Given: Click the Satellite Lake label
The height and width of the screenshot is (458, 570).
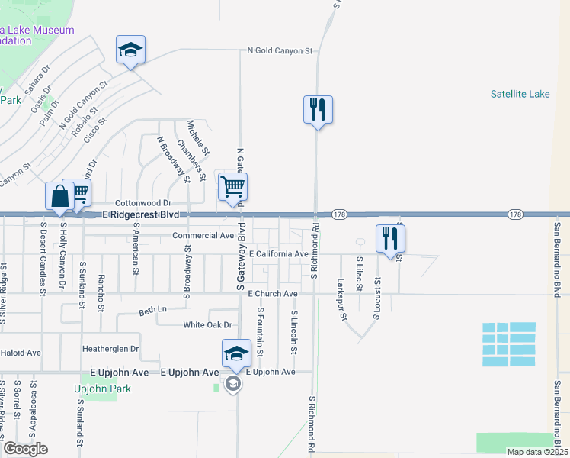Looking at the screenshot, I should point(520,95).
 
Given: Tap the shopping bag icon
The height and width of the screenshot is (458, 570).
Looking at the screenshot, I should point(59,198).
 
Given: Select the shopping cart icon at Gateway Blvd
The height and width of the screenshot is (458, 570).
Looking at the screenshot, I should point(232,188).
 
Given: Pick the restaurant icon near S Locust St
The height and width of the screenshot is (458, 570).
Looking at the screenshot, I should point(390,238).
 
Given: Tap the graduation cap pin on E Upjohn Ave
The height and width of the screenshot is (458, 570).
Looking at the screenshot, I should point(236,354).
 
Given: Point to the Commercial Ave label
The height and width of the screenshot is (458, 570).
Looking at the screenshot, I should point(203,236).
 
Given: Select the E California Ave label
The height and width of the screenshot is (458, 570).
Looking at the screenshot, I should point(278,253).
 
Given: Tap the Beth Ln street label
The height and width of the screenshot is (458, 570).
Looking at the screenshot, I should point(152,310).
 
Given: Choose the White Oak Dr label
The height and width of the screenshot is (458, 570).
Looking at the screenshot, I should point(207,325).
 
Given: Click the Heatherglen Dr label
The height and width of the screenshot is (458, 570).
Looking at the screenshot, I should point(110,349).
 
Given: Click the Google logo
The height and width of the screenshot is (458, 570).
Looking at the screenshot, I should point(24,449).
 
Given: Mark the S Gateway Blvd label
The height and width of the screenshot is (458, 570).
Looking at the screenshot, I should point(240,257).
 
